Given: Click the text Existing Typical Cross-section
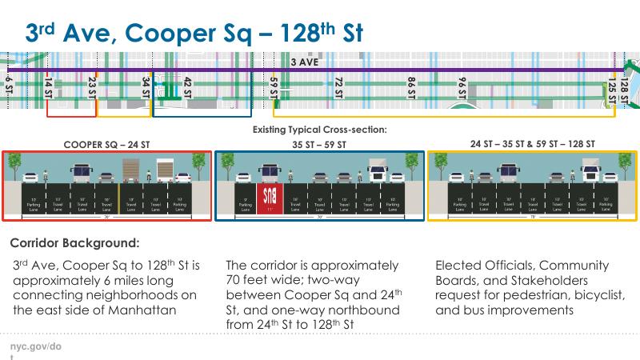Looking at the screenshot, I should pyautogui.click(x=320, y=130).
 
